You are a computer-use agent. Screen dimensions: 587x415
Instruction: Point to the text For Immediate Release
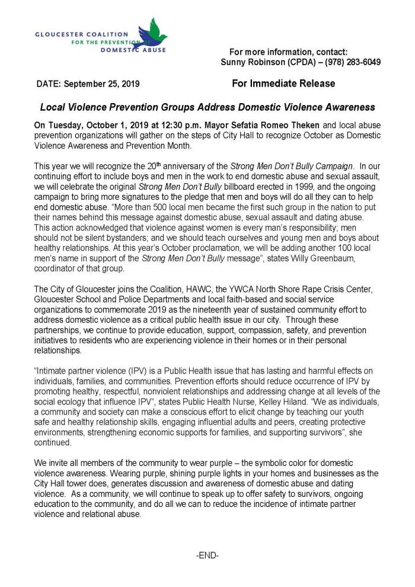[283, 84]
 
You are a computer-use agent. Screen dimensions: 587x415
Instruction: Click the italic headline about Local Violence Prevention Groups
[207, 107]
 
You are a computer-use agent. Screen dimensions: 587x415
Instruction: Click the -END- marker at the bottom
[207, 557]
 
